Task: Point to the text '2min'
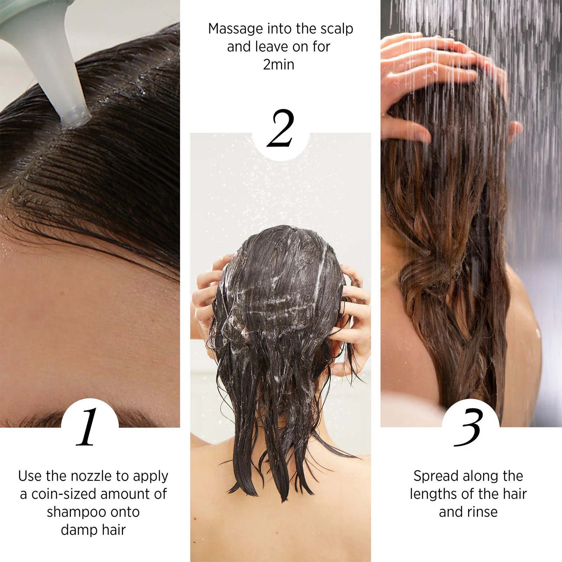[279, 65]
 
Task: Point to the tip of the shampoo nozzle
[76, 121]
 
